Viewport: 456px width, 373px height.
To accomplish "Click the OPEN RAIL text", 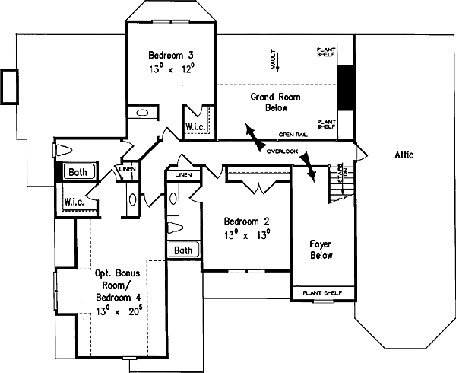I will point(293,134).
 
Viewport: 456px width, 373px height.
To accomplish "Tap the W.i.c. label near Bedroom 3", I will point(193,126).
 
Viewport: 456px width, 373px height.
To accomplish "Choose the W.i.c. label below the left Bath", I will point(74,202).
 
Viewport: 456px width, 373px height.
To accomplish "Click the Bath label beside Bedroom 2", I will point(182,250).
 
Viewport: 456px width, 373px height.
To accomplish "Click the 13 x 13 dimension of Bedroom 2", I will point(247,235).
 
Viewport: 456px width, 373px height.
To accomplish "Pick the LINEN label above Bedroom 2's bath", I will point(183,176).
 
